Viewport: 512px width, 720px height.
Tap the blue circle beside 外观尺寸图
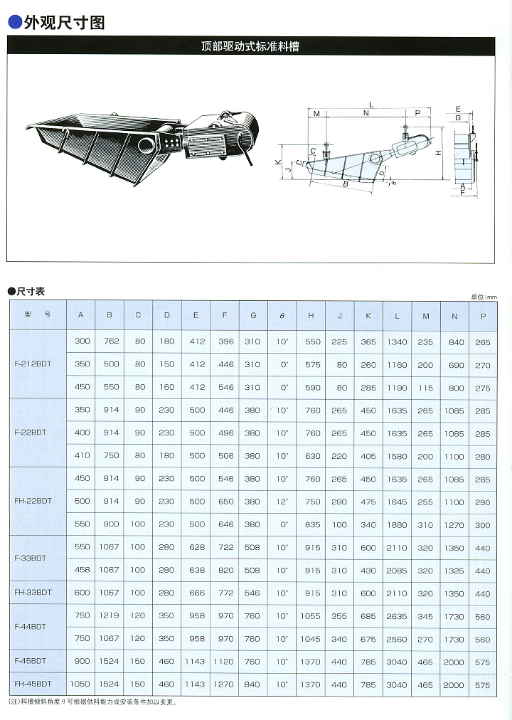14,23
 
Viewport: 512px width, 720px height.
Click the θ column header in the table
282,314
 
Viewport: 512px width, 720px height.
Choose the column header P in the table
482,314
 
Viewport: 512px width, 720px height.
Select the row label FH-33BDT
33,593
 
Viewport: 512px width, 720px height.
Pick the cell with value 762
112,342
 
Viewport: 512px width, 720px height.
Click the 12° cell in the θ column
282,501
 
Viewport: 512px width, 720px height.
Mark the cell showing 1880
397,524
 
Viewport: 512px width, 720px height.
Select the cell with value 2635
397,616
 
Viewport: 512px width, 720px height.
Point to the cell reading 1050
82,684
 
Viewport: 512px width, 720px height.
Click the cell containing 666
197,593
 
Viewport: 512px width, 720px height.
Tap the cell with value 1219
112,616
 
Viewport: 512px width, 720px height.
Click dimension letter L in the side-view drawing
370,105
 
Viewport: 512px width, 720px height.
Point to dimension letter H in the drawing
439,152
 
